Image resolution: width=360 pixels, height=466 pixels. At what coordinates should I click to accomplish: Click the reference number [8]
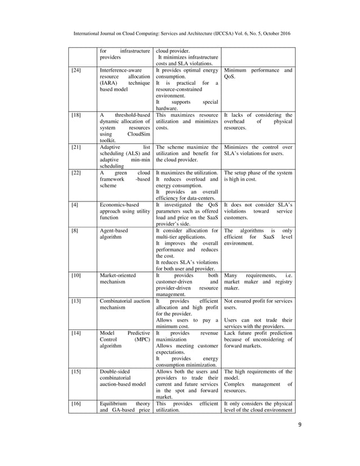pos(74,232)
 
